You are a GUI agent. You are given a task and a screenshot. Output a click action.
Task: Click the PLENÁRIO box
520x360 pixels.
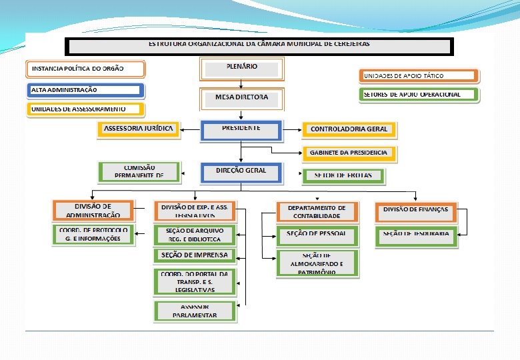pos(241,69)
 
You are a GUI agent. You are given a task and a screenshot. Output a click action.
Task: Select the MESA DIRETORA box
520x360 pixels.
pos(241,99)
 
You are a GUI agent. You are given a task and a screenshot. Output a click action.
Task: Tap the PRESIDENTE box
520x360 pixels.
pos(241,129)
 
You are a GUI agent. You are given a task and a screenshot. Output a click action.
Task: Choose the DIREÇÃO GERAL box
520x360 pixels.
pos(241,173)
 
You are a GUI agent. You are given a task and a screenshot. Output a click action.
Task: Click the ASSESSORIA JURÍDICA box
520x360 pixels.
pos(139,129)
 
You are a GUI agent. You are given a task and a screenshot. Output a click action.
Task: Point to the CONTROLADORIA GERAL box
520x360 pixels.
pos(349,129)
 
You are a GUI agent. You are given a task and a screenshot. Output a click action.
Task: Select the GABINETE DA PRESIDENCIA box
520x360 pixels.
pos(349,153)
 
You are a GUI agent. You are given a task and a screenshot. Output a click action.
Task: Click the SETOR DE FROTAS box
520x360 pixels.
pos(343,175)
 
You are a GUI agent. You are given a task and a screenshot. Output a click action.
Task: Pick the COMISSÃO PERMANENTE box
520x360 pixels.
pos(139,172)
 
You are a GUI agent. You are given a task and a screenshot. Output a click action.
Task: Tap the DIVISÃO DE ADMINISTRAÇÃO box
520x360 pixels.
pos(93,211)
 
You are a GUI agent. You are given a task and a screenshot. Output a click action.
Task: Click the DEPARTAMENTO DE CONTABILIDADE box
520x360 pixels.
pos(317,212)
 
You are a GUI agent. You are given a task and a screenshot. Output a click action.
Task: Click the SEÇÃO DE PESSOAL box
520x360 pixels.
pos(317,235)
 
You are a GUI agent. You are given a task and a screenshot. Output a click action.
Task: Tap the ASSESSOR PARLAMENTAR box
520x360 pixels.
pos(195,311)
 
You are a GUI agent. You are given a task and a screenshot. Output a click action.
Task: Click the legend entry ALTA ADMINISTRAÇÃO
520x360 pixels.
pos(85,90)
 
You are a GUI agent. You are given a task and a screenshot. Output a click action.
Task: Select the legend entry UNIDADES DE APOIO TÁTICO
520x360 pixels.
pos(419,76)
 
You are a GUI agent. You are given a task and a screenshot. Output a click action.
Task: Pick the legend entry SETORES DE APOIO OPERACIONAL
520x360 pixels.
pos(419,95)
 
